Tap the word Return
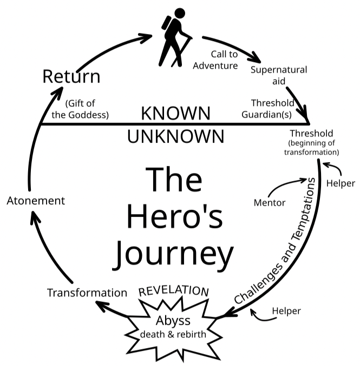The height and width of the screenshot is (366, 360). [x=71, y=76]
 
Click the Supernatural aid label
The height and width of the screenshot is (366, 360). [x=279, y=75]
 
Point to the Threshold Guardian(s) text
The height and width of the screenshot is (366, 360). [x=272, y=108]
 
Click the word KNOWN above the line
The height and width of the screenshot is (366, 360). [x=175, y=113]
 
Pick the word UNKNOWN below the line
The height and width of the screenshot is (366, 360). [x=175, y=136]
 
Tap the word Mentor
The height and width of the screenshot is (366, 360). [x=270, y=203]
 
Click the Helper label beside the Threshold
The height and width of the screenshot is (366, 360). [x=341, y=183]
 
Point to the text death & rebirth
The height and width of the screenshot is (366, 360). [x=173, y=334]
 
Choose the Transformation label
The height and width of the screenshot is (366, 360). [x=87, y=292]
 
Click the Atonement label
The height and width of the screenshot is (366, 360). [x=36, y=201]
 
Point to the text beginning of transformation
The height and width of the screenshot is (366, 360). [x=311, y=148]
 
